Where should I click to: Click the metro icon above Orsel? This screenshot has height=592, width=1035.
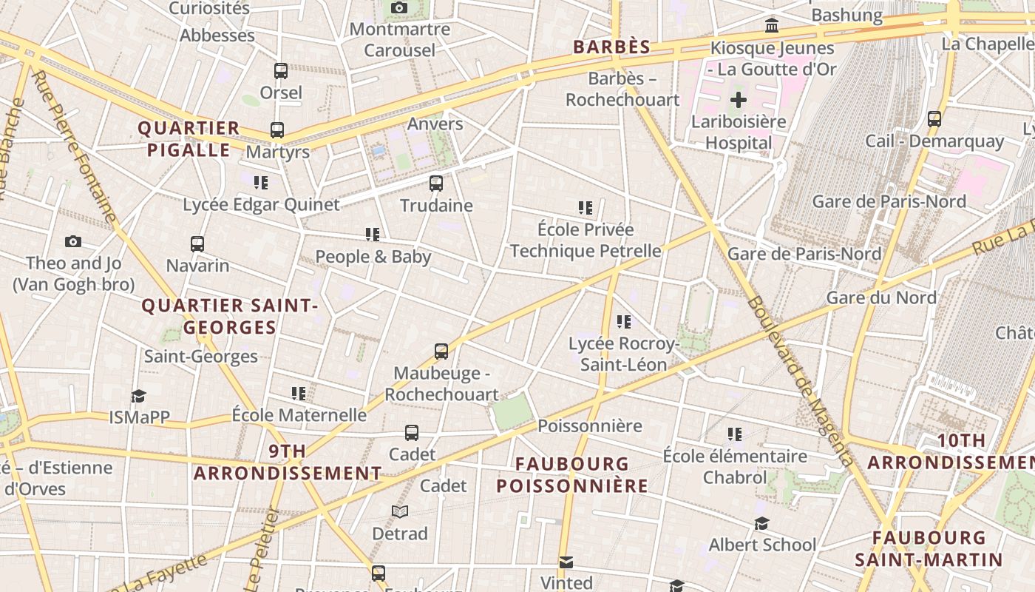281,71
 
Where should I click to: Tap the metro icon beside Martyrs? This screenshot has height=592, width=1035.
277,130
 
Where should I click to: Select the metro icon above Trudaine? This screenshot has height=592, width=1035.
436,184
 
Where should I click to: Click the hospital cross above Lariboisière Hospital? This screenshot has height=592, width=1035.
739,100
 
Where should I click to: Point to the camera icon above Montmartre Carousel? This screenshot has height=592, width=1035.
399,8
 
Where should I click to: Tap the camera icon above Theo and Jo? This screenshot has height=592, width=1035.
72,241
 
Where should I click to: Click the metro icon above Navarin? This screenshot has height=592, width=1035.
197,243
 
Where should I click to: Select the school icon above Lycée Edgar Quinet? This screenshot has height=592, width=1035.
260,182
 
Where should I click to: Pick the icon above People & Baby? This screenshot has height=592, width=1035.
373,235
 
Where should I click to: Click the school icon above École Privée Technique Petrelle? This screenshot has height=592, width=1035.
586,208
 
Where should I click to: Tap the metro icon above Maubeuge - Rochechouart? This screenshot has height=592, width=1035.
441,351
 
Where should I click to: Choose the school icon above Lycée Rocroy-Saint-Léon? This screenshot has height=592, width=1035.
624,322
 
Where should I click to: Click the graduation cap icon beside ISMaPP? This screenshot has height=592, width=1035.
138,396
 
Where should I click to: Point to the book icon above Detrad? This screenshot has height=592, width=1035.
400,511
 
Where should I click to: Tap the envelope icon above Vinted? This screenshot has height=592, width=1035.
566,562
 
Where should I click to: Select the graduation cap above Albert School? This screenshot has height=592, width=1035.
762,524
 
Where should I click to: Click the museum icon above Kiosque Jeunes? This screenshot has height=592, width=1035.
772,26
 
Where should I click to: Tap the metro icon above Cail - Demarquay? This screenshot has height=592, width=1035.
934,119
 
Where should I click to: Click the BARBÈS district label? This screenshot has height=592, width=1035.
612,47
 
